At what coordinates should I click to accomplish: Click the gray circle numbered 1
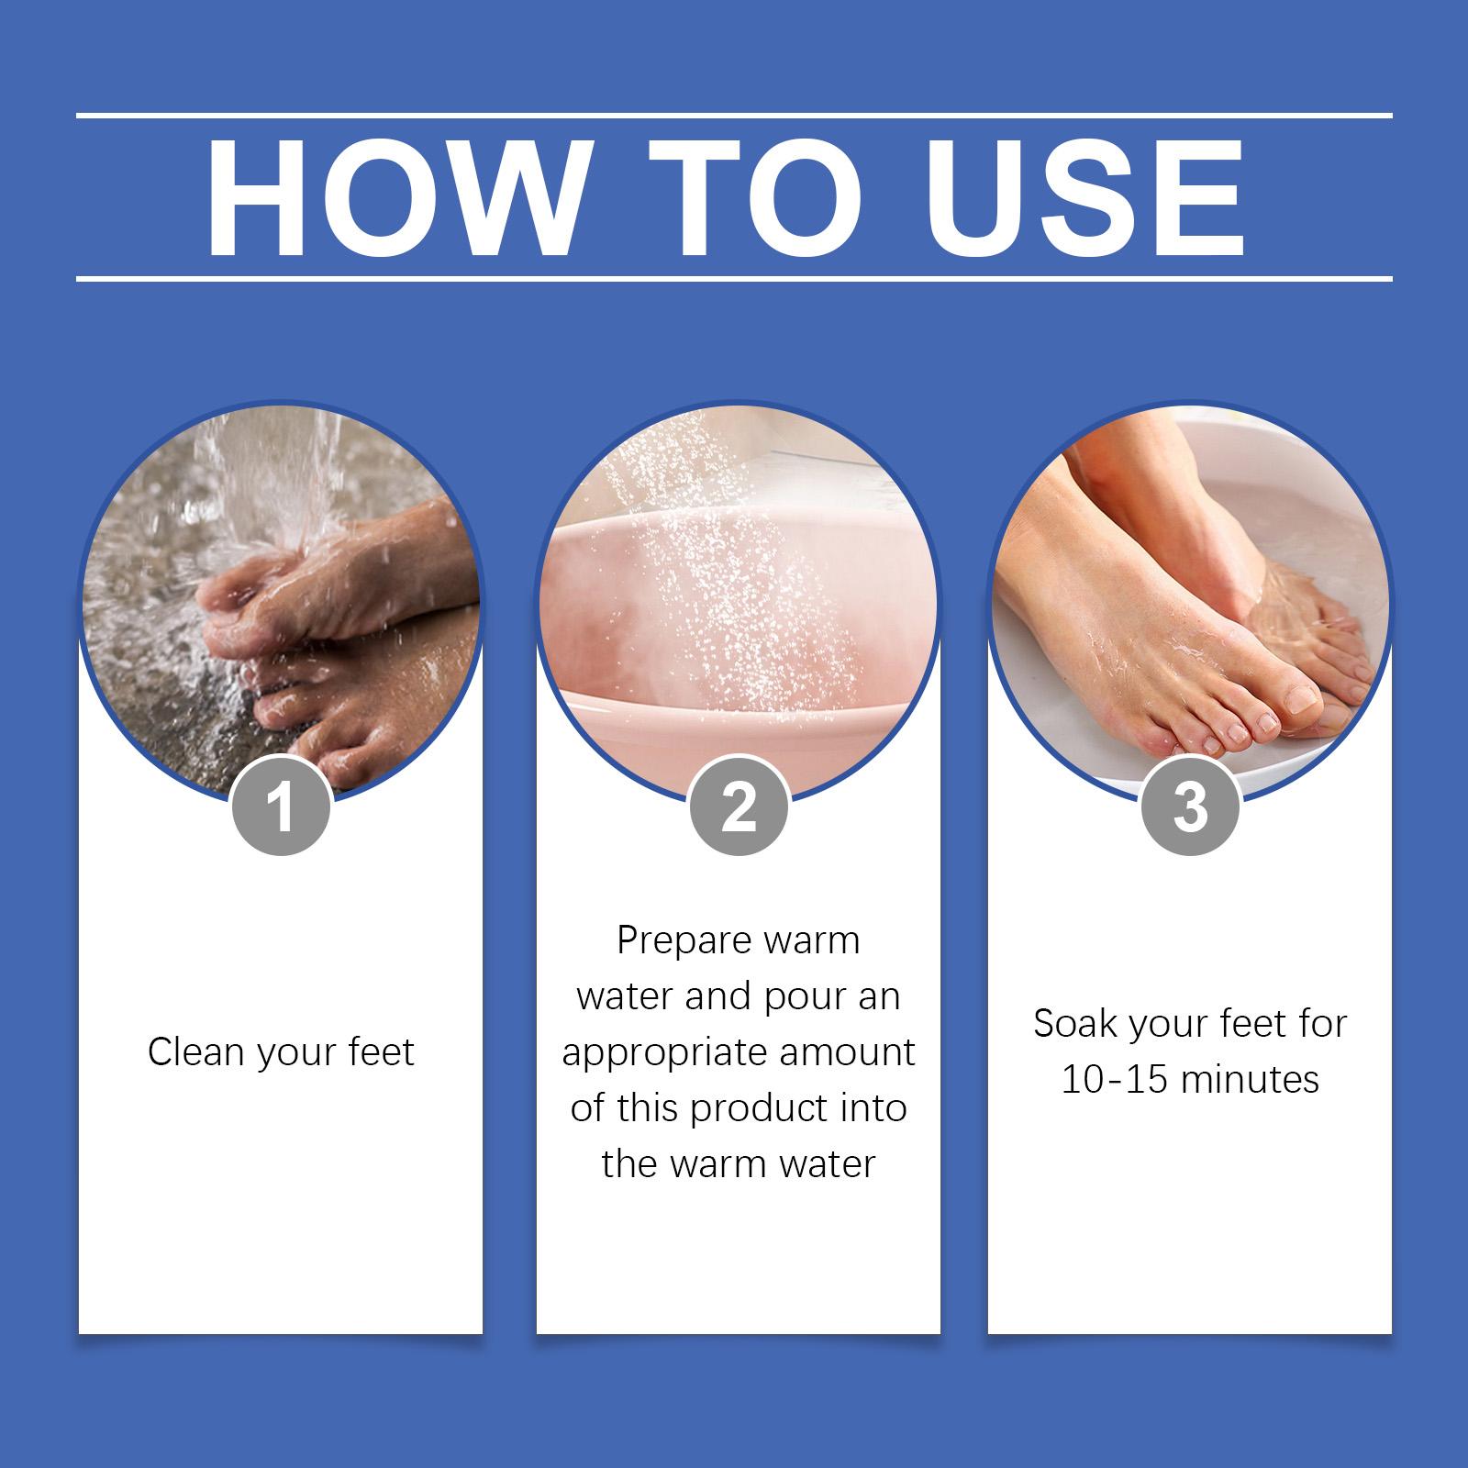(x=282, y=806)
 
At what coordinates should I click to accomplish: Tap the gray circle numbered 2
(x=739, y=806)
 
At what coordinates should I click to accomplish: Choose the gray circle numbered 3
(x=1190, y=806)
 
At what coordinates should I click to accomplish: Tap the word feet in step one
(x=382, y=1052)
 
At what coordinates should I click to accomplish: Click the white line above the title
(x=734, y=116)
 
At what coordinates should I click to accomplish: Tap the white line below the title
(x=734, y=277)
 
